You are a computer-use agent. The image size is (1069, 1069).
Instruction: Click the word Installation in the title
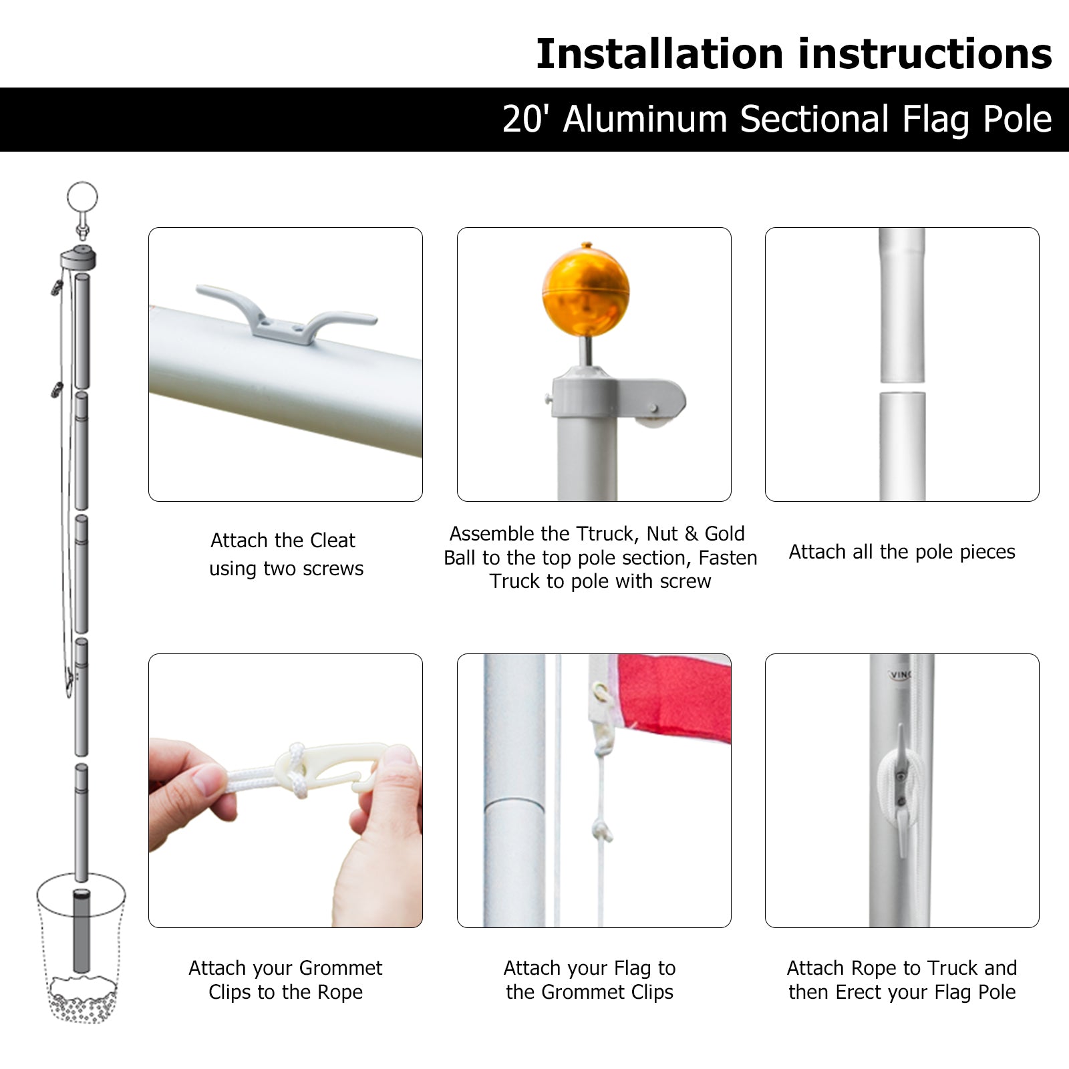pyautogui.click(x=659, y=54)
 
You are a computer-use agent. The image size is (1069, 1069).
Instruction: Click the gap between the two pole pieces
pyautogui.click(x=902, y=388)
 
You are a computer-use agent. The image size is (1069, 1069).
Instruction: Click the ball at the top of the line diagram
pyautogui.click(x=82, y=198)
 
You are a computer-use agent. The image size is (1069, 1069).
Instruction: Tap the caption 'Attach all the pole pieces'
pyautogui.click(x=902, y=552)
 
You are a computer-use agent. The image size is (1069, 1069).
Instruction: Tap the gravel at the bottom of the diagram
pyautogui.click(x=82, y=1002)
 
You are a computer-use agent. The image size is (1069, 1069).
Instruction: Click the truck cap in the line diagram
pyautogui.click(x=79, y=257)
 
